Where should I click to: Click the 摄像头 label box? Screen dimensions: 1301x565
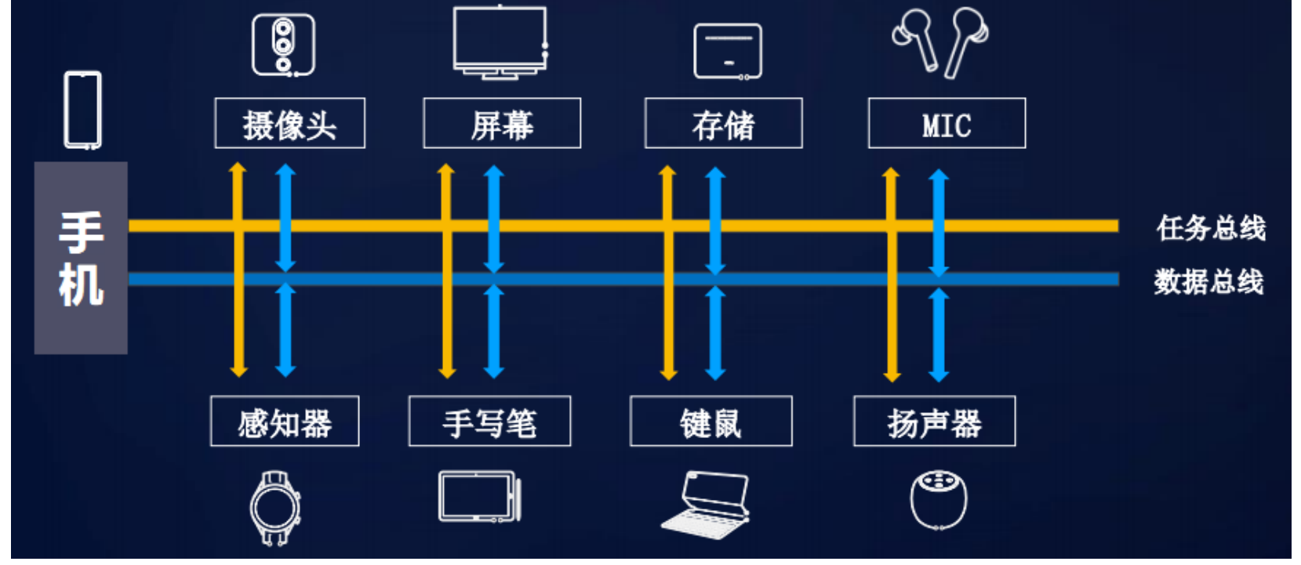tap(289, 124)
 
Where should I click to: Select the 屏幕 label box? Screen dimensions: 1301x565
tap(502, 124)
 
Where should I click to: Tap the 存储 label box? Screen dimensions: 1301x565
tap(723, 124)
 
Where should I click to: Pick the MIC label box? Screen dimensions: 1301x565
tap(947, 124)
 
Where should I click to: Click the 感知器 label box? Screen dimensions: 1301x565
tap(285, 422)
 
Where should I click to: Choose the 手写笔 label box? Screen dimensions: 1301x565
tap(489, 422)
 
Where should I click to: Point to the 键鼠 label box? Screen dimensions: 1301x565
tap(710, 422)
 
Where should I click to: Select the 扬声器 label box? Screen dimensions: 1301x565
tap(934, 422)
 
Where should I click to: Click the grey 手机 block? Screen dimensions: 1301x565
tap(81, 258)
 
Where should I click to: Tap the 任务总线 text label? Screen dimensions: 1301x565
tap(1211, 228)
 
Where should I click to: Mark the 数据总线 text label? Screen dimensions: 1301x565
tap(1208, 281)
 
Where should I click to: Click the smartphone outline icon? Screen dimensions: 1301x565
tap(82, 110)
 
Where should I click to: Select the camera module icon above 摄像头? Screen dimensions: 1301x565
tap(283, 45)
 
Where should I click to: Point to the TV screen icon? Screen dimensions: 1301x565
tap(500, 42)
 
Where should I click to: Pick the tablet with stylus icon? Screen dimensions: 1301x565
tap(479, 497)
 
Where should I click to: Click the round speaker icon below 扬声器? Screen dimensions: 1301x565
tap(939, 499)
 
